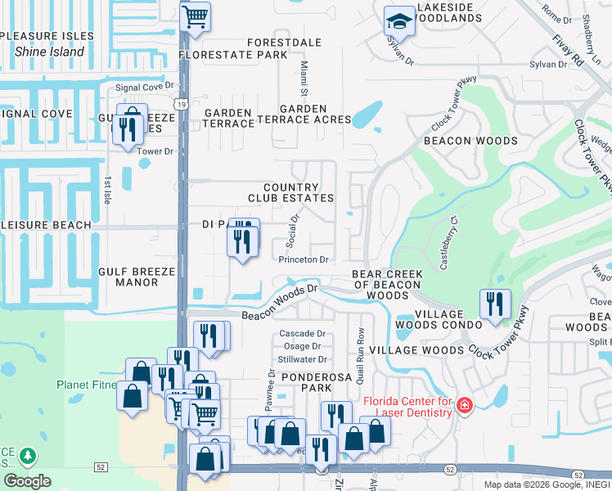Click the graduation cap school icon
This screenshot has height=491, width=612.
(x=399, y=20)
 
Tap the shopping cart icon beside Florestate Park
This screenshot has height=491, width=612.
(x=195, y=16)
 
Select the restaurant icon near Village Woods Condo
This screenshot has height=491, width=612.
(x=494, y=304)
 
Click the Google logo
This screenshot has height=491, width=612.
(x=26, y=480)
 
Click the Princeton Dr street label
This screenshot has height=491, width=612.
(x=304, y=259)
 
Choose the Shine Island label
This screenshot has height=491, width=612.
(x=49, y=52)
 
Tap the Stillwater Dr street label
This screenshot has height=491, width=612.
(x=302, y=359)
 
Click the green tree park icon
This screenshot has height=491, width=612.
(x=27, y=456)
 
